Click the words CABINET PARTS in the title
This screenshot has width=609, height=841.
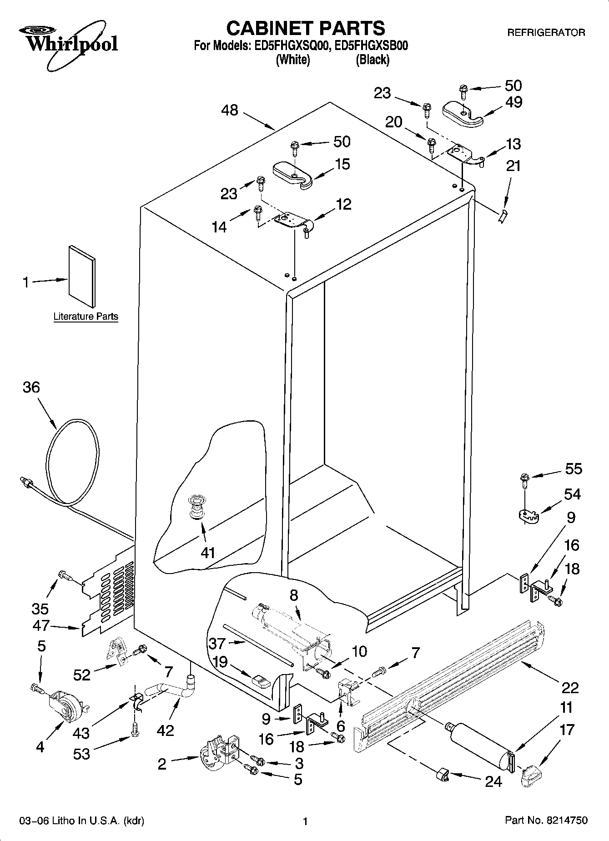(306, 28)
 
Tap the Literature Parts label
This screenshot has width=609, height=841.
(86, 317)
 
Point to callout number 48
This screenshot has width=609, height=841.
(230, 110)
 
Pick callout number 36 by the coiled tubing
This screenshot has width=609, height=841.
(31, 387)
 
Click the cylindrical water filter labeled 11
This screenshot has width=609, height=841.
(480, 743)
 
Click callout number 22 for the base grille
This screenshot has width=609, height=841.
(569, 687)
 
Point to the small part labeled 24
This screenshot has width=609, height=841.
(442, 774)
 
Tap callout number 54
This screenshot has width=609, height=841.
(572, 494)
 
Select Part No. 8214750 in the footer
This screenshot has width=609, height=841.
(546, 821)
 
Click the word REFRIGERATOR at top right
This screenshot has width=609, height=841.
(546, 33)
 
